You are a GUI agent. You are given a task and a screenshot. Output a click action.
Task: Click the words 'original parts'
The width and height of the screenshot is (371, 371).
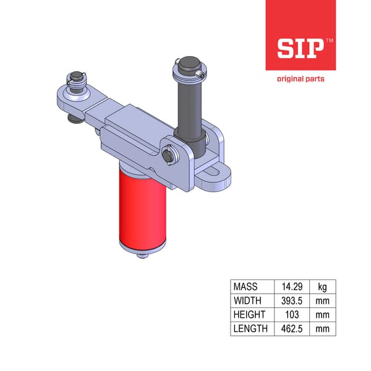point(301,79)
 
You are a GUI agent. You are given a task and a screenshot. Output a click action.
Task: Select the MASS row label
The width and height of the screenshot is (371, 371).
point(245,287)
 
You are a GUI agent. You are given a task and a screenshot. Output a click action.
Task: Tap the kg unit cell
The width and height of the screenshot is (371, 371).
point(322,287)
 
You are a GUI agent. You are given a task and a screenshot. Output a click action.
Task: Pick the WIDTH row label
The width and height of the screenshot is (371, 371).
point(247,301)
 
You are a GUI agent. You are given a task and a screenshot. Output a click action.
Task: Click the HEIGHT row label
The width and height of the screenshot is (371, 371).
point(249,315)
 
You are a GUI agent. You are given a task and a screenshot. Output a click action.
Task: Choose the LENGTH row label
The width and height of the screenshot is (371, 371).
point(250,328)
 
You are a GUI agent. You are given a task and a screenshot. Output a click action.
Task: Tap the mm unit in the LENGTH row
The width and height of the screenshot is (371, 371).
point(322,328)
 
